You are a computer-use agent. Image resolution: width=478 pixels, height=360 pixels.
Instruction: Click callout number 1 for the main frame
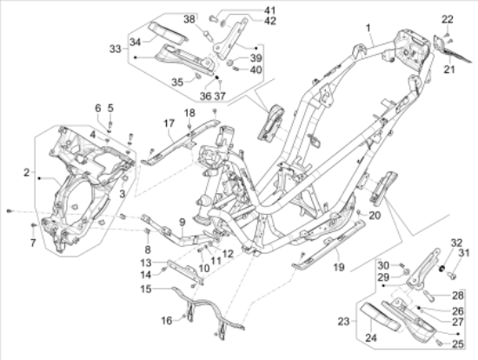pos(368,28)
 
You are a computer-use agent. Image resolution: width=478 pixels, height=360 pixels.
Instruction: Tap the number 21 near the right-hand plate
pos(449,70)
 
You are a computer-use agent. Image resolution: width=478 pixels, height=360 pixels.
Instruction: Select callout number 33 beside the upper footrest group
pos(116,49)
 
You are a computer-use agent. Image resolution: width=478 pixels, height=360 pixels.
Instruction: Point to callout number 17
pos(169,123)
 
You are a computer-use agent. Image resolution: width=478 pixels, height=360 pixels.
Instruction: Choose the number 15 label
pos(146,289)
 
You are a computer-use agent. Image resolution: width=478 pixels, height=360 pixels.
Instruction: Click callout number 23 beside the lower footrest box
pos(344,321)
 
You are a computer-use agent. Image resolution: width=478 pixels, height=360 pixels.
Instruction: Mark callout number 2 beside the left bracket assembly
pos(27,172)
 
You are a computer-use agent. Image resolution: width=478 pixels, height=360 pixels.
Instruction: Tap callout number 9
pos(183,223)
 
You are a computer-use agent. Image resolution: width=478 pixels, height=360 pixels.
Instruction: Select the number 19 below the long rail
pos(339,267)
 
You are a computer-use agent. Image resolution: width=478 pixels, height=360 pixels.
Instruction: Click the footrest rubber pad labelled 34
pos(168,30)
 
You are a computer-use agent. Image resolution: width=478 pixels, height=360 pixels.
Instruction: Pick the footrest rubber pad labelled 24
pos(381,317)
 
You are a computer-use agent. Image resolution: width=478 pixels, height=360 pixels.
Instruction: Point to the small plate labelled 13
pos(186,271)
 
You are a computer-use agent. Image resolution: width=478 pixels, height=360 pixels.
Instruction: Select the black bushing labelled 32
pos(441,269)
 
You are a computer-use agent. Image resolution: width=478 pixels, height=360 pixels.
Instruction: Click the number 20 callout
pos(375,216)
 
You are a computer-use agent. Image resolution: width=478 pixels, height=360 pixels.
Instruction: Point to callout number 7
pos(33,243)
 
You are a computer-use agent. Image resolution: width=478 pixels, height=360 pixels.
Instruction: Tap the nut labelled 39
pos(231,63)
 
